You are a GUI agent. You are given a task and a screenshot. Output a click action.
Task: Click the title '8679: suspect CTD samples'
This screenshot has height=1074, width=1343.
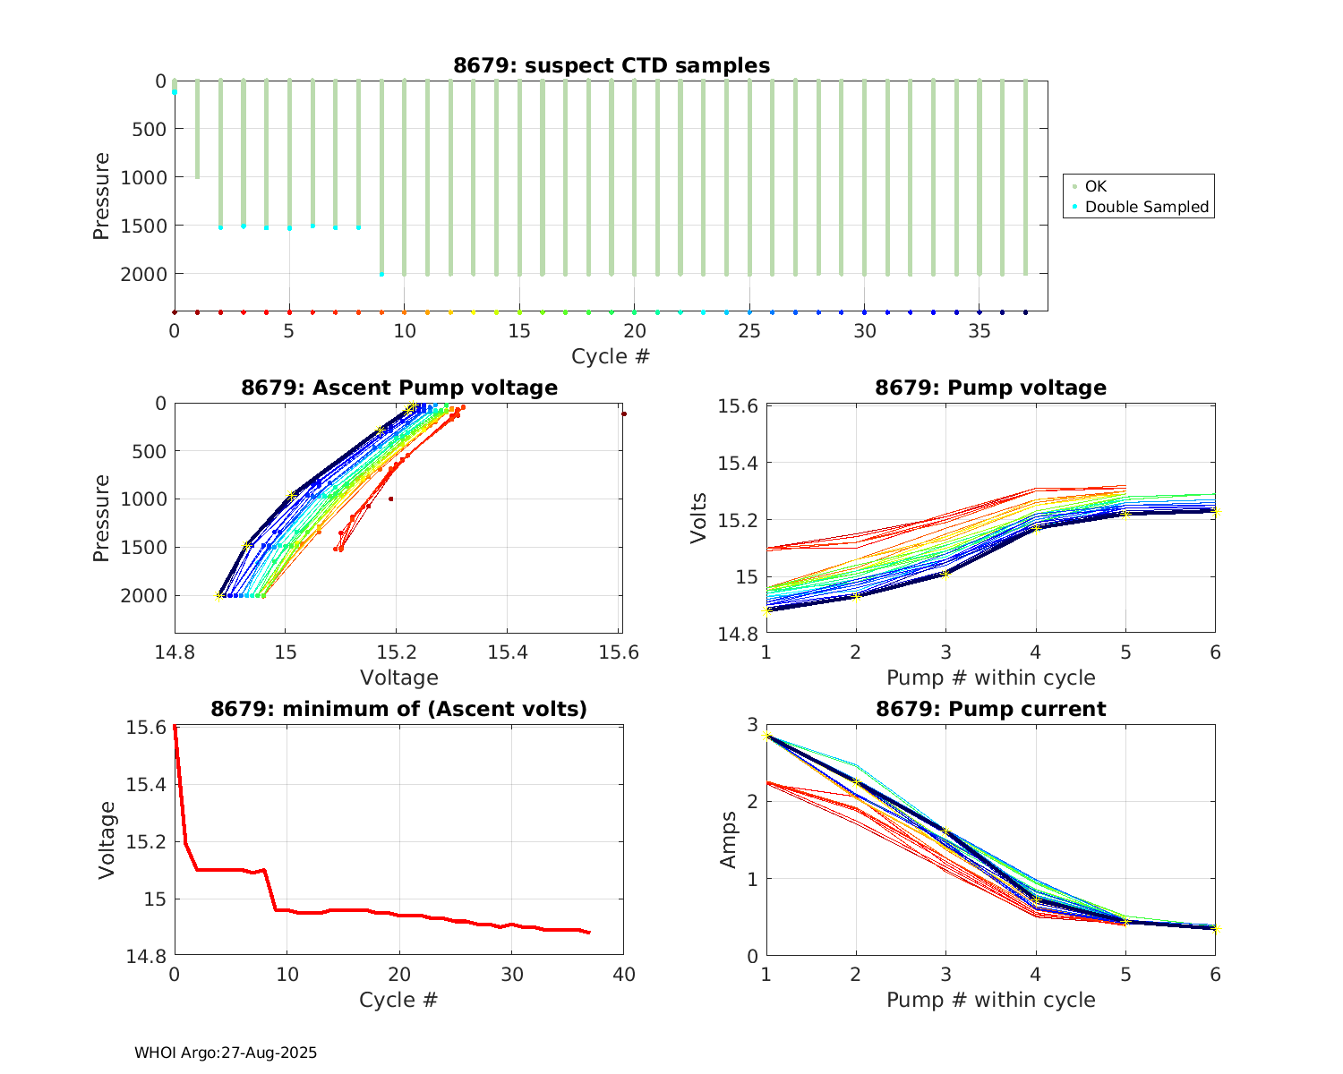pyautogui.click(x=612, y=65)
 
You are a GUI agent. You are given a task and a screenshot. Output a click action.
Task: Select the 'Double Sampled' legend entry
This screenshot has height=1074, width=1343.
pyautogui.click(x=1146, y=207)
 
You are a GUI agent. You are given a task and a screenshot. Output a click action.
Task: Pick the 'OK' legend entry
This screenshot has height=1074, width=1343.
pyautogui.click(x=1095, y=186)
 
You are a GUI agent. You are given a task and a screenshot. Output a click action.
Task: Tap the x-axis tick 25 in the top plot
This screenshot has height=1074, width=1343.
pyautogui.click(x=749, y=330)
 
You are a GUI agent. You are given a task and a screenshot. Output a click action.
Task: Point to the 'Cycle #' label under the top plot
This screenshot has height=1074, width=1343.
pyautogui.click(x=611, y=356)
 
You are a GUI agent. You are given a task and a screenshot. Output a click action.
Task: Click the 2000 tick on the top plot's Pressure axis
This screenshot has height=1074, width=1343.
pyautogui.click(x=143, y=273)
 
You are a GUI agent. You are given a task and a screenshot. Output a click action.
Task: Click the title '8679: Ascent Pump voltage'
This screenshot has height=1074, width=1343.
pyautogui.click(x=399, y=388)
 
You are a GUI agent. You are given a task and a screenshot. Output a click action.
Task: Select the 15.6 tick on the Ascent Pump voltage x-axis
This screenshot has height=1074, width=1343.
pyautogui.click(x=619, y=652)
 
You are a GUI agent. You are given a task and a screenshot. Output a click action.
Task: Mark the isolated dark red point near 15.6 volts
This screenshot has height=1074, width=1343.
pyautogui.click(x=624, y=413)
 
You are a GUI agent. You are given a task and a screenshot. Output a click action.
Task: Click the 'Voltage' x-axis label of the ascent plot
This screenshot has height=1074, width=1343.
pyautogui.click(x=399, y=678)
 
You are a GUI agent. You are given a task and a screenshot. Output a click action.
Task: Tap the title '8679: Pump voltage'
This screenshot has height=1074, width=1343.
pyautogui.click(x=990, y=388)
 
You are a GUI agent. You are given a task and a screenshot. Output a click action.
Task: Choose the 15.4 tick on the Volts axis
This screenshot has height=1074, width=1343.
pyautogui.click(x=739, y=463)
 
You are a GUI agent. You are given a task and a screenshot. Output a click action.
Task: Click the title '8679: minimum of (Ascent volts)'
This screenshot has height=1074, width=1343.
pyautogui.click(x=399, y=710)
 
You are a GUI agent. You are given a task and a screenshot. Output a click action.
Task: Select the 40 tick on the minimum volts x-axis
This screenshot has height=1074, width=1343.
pyautogui.click(x=624, y=975)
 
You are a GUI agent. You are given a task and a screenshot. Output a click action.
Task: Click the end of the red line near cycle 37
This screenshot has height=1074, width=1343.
pyautogui.click(x=590, y=933)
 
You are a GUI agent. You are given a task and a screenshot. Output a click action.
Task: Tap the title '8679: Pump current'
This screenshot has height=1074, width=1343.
pyautogui.click(x=990, y=710)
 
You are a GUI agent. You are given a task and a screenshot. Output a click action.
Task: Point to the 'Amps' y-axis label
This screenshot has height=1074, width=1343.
pyautogui.click(x=730, y=840)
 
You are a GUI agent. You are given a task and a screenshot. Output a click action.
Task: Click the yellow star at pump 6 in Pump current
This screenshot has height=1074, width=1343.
pyautogui.click(x=1215, y=928)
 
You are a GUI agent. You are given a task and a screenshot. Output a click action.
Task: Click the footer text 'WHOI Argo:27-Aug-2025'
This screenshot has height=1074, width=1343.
pyautogui.click(x=226, y=1053)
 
